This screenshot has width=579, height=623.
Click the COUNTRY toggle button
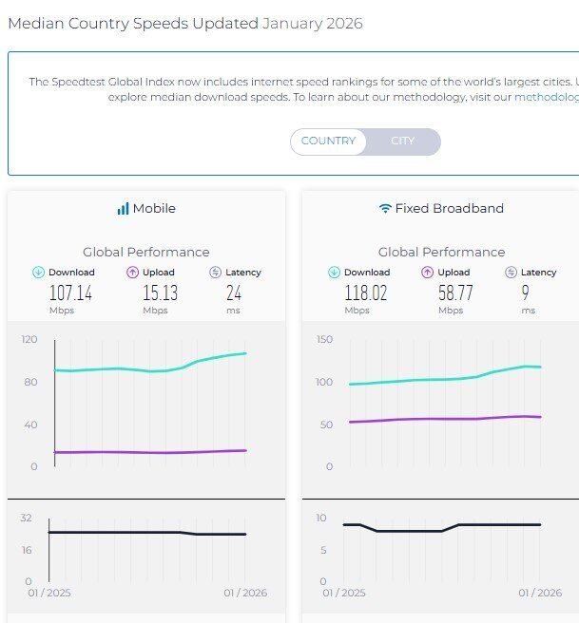pos(328,142)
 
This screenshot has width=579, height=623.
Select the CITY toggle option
pos(403,142)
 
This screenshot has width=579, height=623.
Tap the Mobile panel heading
pos(153,208)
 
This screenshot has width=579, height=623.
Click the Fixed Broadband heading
pos(449,208)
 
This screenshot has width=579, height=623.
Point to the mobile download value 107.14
pos(70,293)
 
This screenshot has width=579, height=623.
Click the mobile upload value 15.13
pos(160,293)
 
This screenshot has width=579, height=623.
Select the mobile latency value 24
pos(233,293)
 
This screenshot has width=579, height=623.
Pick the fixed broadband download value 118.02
pos(365,293)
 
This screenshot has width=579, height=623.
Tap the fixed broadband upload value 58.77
pos(455,293)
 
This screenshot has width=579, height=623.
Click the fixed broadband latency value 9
pos(526,293)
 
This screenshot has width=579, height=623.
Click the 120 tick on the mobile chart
pos(29,339)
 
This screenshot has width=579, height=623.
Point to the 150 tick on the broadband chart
pos(324,339)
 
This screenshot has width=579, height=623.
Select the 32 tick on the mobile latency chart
pos(26,518)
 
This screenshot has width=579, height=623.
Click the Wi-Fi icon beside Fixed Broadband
pos(385,208)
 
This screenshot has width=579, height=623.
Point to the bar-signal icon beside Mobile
pos(123,208)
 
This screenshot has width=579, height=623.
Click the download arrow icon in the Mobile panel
pos(38,273)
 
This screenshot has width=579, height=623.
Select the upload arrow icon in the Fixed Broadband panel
pos(428,273)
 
